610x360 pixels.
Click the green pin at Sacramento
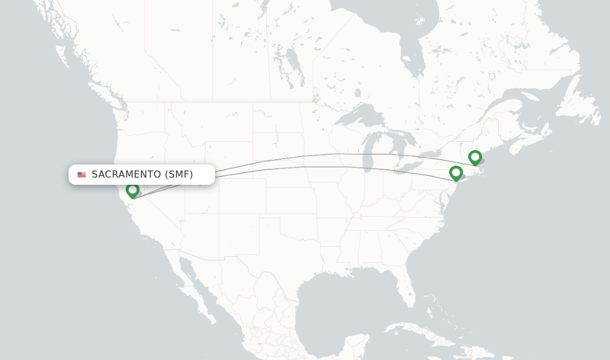click(x=132, y=190)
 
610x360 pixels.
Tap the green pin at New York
click(x=456, y=173)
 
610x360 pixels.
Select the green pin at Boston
click(x=475, y=157)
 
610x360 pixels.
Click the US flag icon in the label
click(x=82, y=175)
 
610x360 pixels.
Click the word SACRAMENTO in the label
click(x=126, y=175)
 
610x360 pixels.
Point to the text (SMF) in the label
click(x=179, y=175)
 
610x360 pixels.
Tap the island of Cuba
click(x=417, y=329)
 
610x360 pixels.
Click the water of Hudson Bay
click(x=381, y=24)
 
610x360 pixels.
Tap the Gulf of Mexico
click(x=340, y=298)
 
